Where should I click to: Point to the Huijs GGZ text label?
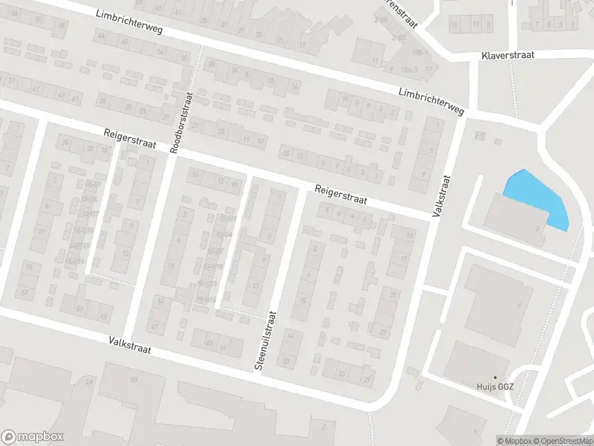pyautogui.click(x=495, y=387)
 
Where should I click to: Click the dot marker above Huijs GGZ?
pyautogui.click(x=495, y=378)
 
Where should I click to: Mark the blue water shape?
pyautogui.click(x=538, y=197)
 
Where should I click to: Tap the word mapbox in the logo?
pyautogui.click(x=40, y=437)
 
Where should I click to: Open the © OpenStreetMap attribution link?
pyautogui.click(x=563, y=441)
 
